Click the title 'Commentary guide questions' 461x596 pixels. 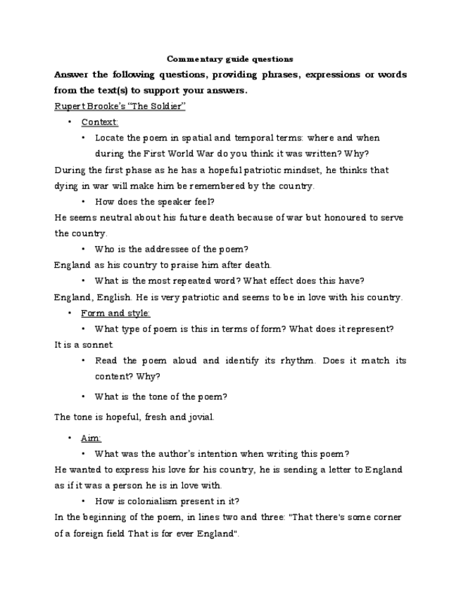[230, 59]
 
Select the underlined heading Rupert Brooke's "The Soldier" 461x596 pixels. [120, 106]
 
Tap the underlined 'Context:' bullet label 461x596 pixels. [99, 122]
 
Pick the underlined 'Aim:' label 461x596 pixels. [91, 438]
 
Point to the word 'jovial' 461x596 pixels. [199, 417]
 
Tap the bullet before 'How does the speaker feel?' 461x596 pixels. [84, 202]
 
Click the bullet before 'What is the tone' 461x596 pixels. [84, 396]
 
